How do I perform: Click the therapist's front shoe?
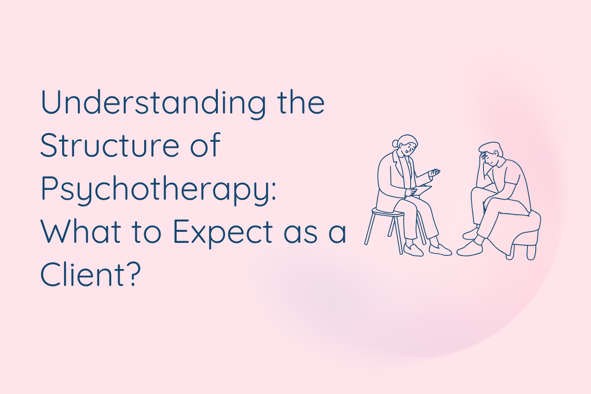[439, 250]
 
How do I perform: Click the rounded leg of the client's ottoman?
[531, 252]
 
